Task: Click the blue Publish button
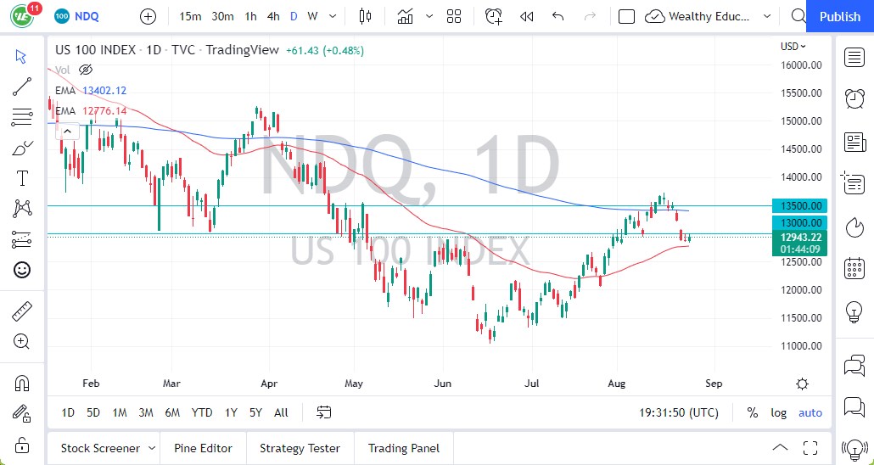[x=840, y=16]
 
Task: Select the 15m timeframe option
[x=191, y=16]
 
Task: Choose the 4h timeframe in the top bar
[x=272, y=16]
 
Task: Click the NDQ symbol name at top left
[x=88, y=16]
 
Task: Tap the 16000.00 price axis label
[x=800, y=64]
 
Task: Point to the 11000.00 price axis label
[x=800, y=345]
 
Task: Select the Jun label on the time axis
[x=442, y=384]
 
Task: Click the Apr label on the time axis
[x=270, y=384]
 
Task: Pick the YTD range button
[x=201, y=412]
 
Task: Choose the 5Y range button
[x=255, y=412]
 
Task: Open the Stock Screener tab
[x=100, y=448]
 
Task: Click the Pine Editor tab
[x=203, y=448]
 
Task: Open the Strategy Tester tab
[x=300, y=448]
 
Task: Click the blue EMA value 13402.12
[x=104, y=90]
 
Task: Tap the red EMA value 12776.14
[x=104, y=110]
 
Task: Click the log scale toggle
[x=778, y=412]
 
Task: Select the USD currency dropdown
[x=793, y=47]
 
